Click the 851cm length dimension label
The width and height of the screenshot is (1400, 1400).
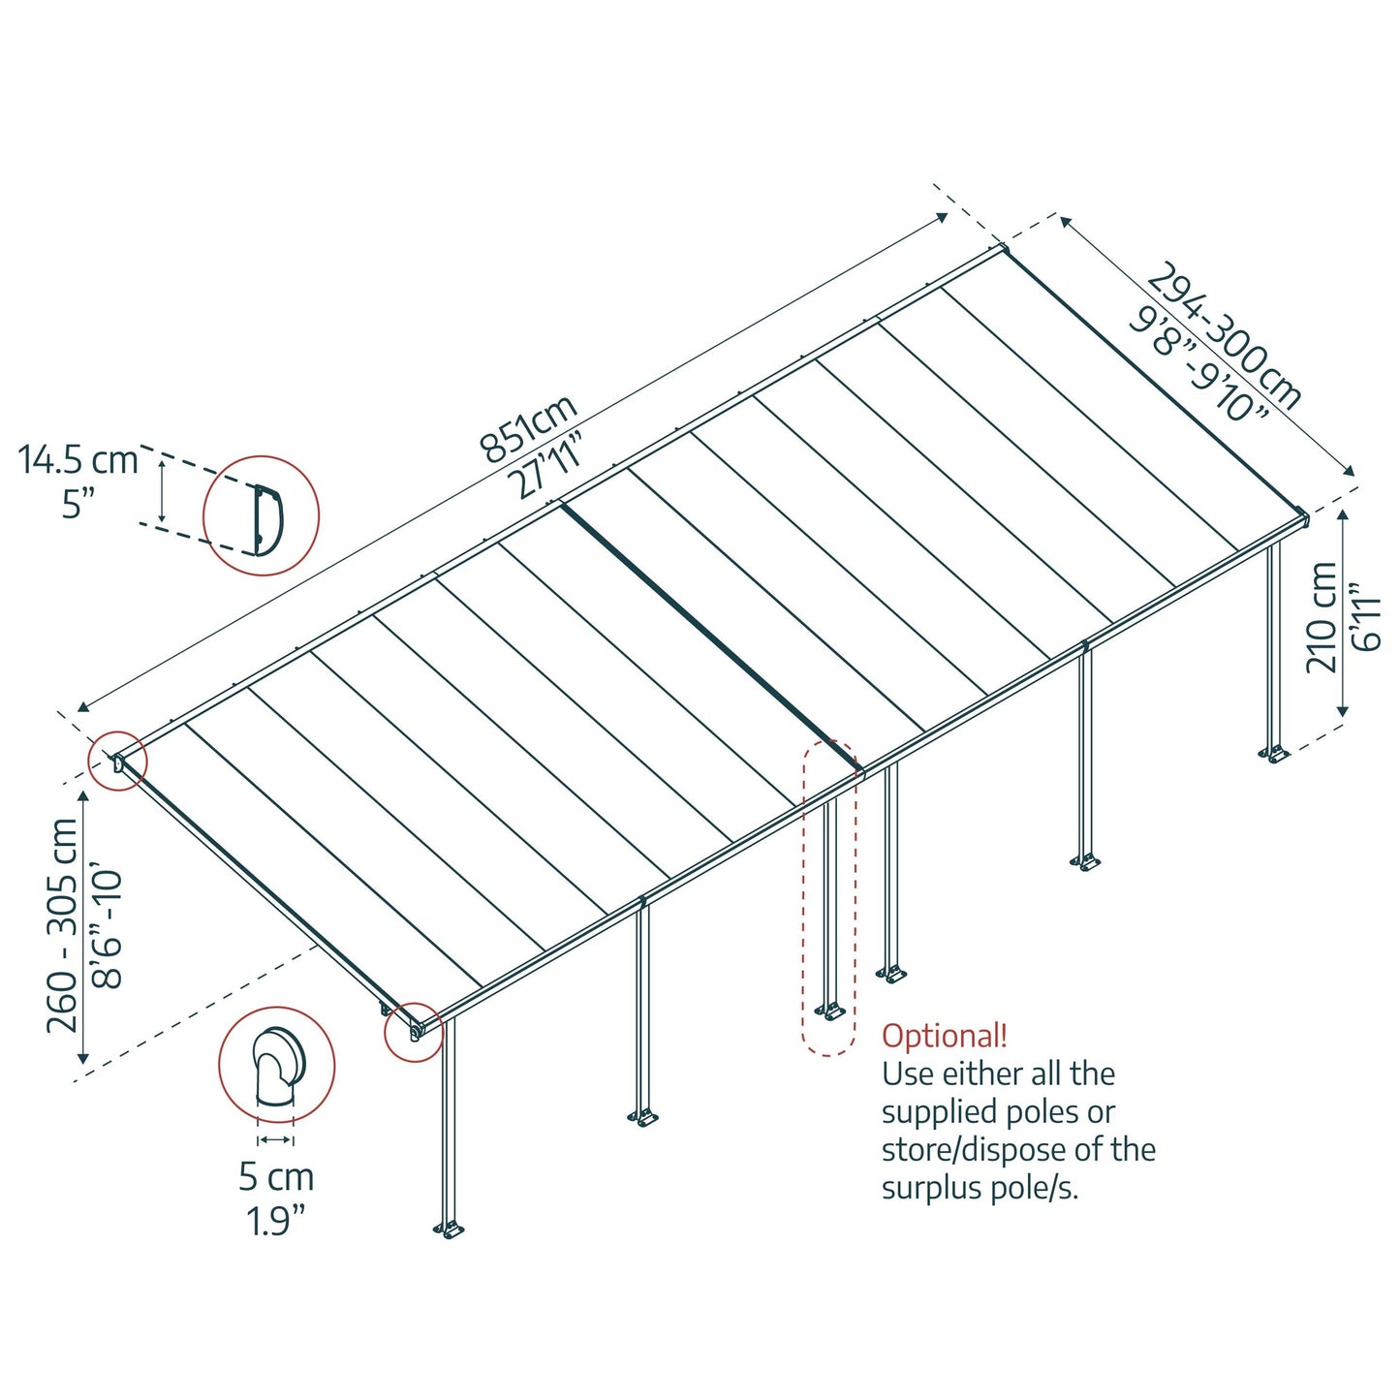(x=528, y=427)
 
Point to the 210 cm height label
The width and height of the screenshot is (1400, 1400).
(x=1322, y=617)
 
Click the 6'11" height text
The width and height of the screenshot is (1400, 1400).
(x=1366, y=616)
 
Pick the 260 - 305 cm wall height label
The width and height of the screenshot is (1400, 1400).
(x=62, y=925)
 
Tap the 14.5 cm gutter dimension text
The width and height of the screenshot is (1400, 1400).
(x=78, y=459)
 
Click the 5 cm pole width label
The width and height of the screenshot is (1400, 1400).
(x=276, y=1177)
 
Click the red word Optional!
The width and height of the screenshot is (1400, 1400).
(x=945, y=1036)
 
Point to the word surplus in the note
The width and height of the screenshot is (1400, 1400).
(x=927, y=1188)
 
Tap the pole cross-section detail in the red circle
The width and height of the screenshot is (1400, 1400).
(x=277, y=1066)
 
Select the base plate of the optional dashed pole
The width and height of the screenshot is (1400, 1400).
(x=830, y=1012)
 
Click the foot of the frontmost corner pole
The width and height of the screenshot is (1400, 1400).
(x=449, y=1230)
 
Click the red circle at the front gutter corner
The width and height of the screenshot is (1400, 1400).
(x=415, y=1032)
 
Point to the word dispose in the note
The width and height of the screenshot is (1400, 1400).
(x=1051, y=1150)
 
